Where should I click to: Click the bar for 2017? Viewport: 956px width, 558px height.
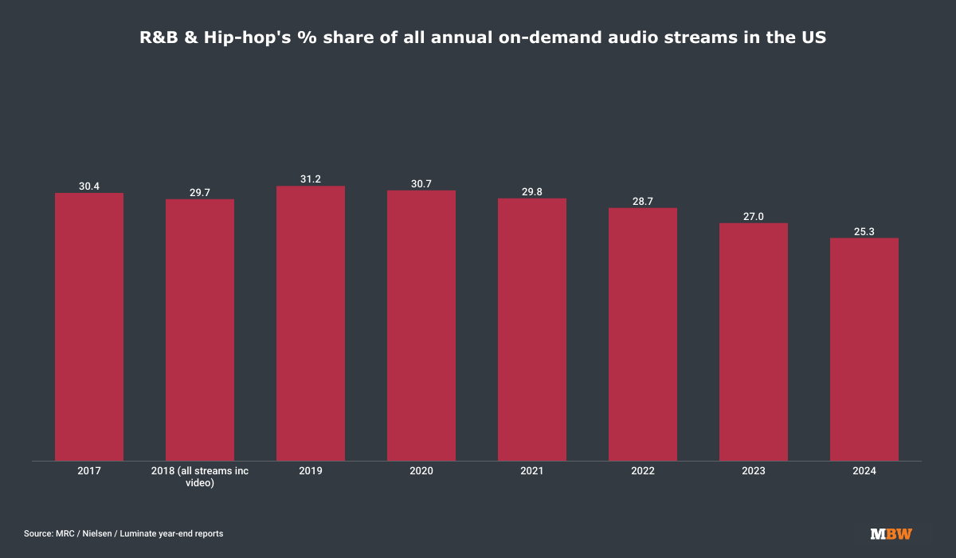[89, 327]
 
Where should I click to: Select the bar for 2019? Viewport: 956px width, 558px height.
[311, 323]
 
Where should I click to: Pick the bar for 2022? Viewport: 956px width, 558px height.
[643, 334]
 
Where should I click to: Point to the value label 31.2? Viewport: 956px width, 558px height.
[311, 179]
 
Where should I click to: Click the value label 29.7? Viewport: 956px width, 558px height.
[200, 192]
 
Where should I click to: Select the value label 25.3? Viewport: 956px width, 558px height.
[864, 231]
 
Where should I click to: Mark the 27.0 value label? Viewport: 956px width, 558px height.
[754, 216]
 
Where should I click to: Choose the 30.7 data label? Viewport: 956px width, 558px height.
[421, 183]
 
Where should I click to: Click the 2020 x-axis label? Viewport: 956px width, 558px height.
[421, 471]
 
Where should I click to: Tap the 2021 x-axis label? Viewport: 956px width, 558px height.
[532, 471]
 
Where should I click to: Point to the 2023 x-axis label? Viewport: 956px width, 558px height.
[754, 471]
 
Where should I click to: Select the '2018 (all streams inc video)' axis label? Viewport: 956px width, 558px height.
[200, 477]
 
